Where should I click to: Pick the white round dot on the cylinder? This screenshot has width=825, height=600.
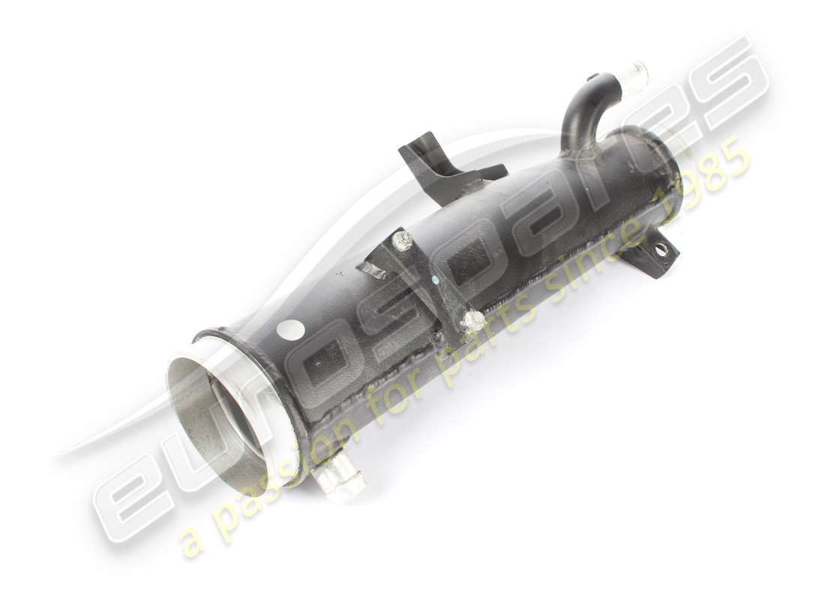pos(290,331)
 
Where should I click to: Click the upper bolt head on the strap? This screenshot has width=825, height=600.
pos(404,239)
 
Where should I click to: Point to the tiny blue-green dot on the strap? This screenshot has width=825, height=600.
pos(434,280)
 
